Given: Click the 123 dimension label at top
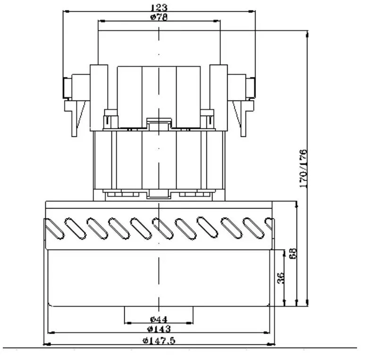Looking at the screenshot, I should pyautogui.click(x=159, y=8).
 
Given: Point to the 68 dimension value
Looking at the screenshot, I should pyautogui.click(x=293, y=254).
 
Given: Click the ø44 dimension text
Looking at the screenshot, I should pyautogui.click(x=159, y=319).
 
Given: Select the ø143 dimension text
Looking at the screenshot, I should pyautogui.click(x=159, y=329).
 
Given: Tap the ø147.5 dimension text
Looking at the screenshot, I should pyautogui.click(x=159, y=341).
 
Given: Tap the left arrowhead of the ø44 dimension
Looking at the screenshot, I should pyautogui.click(x=126, y=323).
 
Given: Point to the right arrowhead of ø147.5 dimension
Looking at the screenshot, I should pyautogui.click(x=274, y=344).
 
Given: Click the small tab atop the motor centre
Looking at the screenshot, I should pyautogui.click(x=159, y=124).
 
